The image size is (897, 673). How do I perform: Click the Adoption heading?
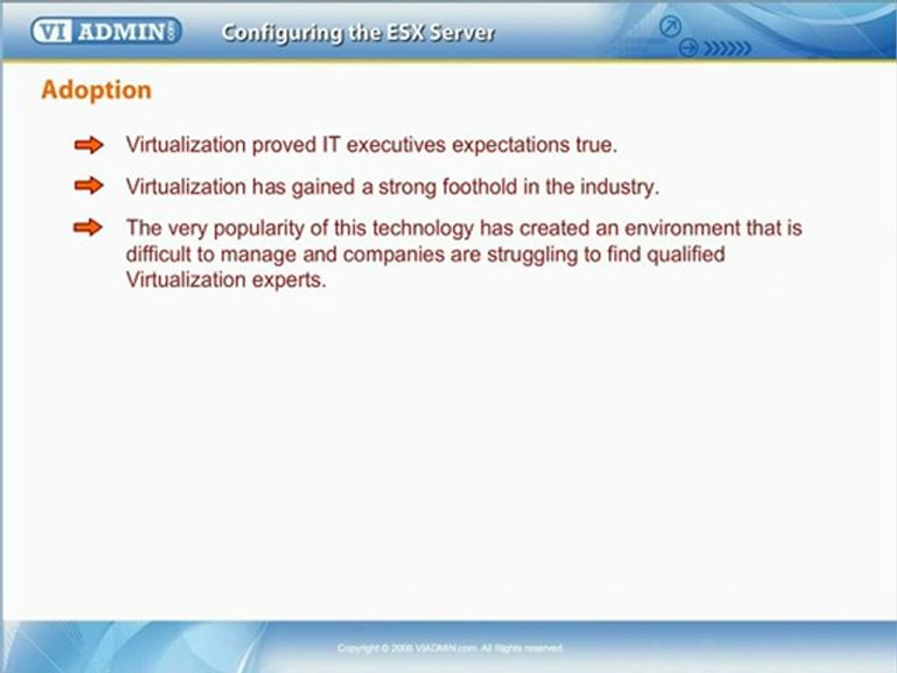pyautogui.click(x=96, y=91)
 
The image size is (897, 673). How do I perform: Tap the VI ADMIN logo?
pyautogui.click(x=106, y=32)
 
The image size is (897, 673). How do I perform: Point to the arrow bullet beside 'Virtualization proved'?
pyautogui.click(x=89, y=145)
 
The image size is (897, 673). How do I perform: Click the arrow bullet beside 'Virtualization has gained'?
pyautogui.click(x=89, y=186)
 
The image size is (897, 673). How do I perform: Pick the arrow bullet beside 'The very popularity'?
pyautogui.click(x=89, y=227)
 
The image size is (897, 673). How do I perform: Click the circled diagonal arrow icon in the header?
pyautogui.click(x=670, y=27)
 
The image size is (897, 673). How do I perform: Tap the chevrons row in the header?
pyautogui.click(x=726, y=48)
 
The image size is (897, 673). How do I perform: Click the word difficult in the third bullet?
pyautogui.click(x=157, y=254)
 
